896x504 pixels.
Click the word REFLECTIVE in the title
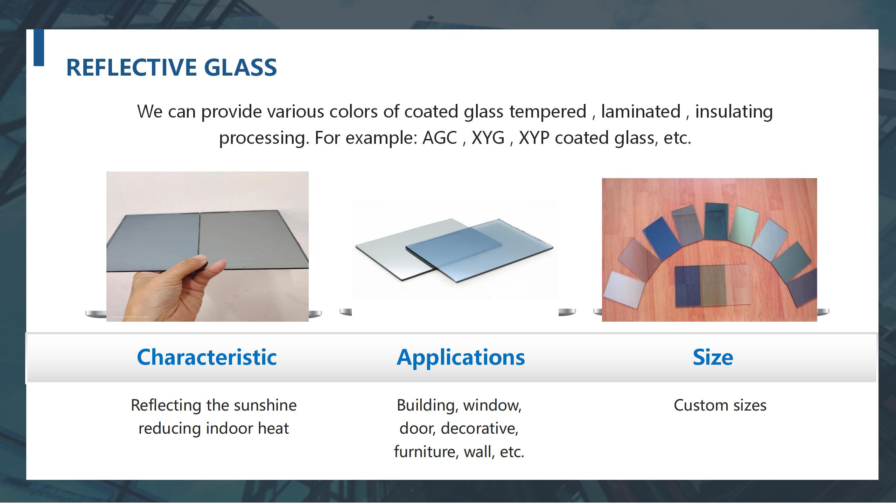point(131,67)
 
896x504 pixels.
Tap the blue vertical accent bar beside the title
point(39,48)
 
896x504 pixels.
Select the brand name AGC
point(440,138)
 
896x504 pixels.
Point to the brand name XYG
point(488,138)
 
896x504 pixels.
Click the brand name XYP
point(534,138)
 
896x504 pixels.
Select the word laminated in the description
point(641,111)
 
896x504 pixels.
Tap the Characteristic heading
point(207,357)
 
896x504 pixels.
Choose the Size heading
point(713,357)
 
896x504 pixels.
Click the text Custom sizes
point(720,405)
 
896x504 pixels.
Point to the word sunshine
point(265,405)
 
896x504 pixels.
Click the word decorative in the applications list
point(479,428)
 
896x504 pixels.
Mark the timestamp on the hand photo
point(131,317)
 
